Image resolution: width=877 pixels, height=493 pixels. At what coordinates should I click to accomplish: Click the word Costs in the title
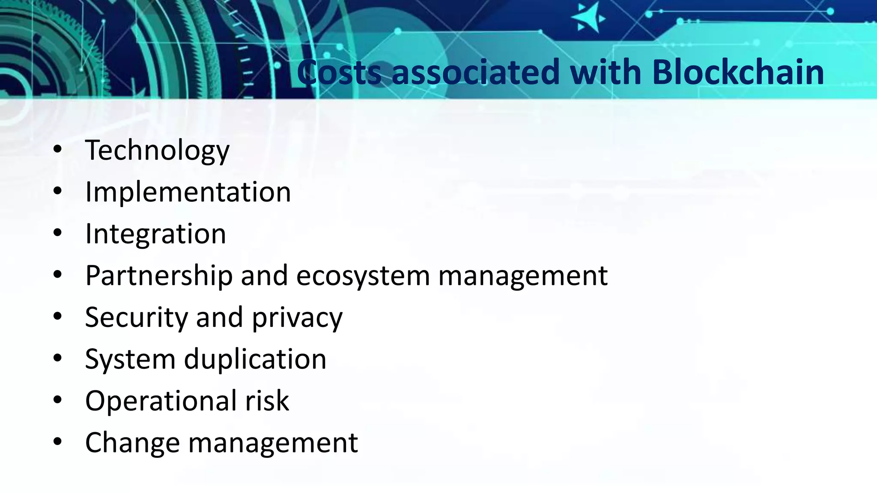coord(339,72)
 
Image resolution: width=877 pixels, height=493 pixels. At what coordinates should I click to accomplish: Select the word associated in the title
coord(475,72)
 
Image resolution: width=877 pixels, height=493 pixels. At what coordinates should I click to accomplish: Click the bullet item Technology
coord(157,150)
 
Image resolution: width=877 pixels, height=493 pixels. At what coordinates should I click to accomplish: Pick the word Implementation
coord(188,192)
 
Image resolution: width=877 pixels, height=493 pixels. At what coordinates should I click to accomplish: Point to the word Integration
coord(155,234)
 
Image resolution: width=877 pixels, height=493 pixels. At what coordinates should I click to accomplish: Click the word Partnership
coord(159,275)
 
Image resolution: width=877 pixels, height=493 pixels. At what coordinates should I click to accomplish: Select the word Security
coord(137,317)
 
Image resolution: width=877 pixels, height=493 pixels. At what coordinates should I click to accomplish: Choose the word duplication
coord(255,359)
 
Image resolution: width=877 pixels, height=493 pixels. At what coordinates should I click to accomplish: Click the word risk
coord(267,401)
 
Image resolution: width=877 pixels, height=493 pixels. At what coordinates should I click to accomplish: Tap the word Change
coord(132,443)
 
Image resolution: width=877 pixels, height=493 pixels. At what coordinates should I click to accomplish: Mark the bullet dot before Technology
coord(58,150)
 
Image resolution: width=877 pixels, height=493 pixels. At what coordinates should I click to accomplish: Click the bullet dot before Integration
coord(58,233)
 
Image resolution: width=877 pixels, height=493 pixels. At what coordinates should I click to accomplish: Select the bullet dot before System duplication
coord(58,359)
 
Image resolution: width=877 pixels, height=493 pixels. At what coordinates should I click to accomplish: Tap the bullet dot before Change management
coord(58,442)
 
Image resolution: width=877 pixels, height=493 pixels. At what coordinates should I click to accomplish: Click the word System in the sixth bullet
coord(130,359)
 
